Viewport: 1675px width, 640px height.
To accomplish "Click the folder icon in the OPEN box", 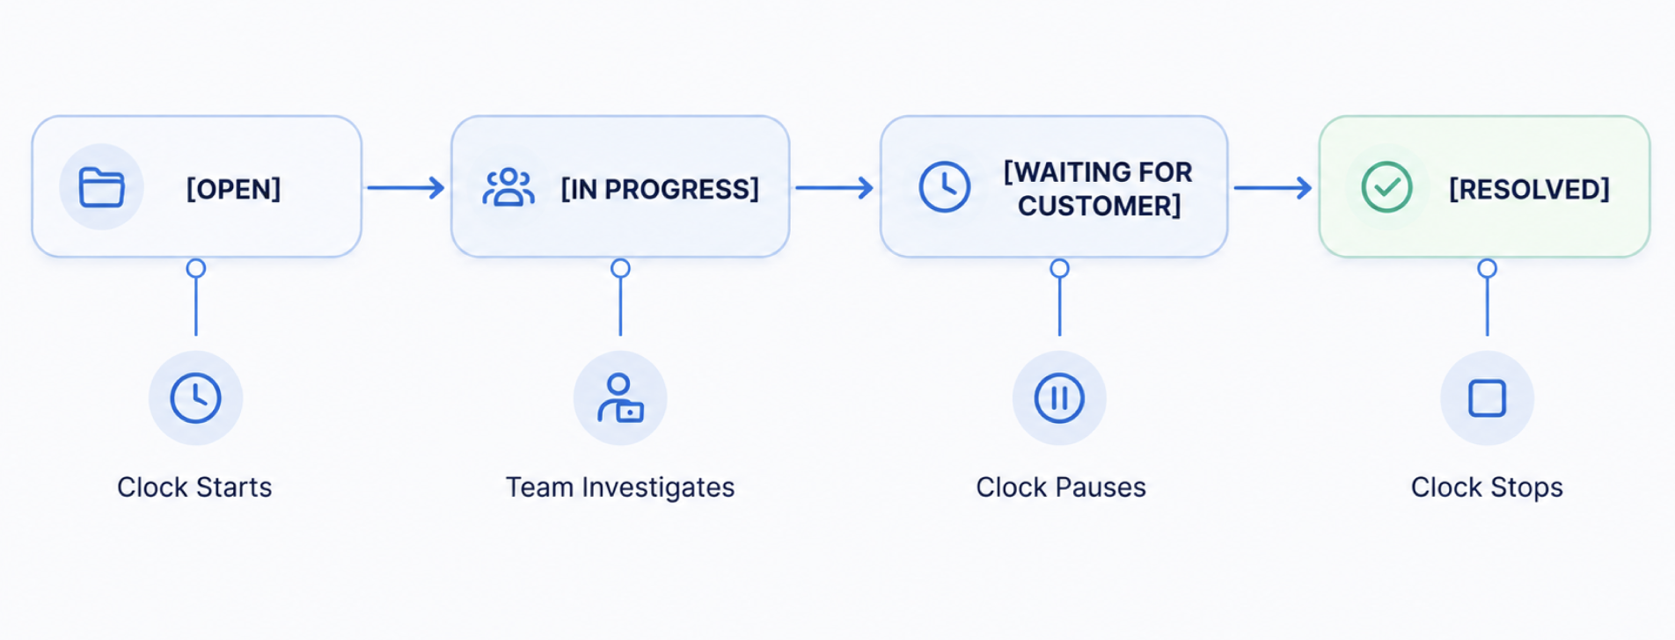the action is click(x=102, y=187).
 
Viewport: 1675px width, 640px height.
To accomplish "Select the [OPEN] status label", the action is click(x=233, y=189).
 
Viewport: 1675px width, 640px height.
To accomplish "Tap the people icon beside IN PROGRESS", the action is click(x=508, y=187).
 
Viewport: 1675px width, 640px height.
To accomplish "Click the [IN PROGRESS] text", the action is click(x=660, y=189).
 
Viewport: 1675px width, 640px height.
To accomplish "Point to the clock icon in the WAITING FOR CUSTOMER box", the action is click(x=945, y=186).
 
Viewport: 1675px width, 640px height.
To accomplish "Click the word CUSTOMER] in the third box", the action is click(x=1100, y=206).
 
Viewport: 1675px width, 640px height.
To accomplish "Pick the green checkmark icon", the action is click(x=1387, y=186).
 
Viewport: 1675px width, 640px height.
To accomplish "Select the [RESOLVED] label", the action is click(x=1529, y=189).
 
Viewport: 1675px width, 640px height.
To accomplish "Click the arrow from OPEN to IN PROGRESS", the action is click(x=406, y=187).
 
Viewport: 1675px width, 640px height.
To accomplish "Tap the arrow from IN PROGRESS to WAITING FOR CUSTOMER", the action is click(x=834, y=187).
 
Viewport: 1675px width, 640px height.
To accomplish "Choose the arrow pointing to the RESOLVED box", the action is click(x=1273, y=187).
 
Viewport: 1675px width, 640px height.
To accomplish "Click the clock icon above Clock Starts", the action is click(x=195, y=398).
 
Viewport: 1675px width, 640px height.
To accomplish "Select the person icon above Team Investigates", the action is click(x=620, y=397).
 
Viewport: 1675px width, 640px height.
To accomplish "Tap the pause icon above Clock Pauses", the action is click(x=1059, y=398).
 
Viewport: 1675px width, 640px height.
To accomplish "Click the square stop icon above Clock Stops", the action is click(x=1488, y=398).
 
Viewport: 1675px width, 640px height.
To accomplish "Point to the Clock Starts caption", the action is click(x=194, y=487).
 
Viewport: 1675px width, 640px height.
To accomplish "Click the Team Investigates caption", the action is click(x=620, y=487).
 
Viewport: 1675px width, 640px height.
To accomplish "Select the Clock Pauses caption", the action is click(x=1061, y=487).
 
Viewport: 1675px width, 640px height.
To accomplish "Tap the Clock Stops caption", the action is click(x=1487, y=487).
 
